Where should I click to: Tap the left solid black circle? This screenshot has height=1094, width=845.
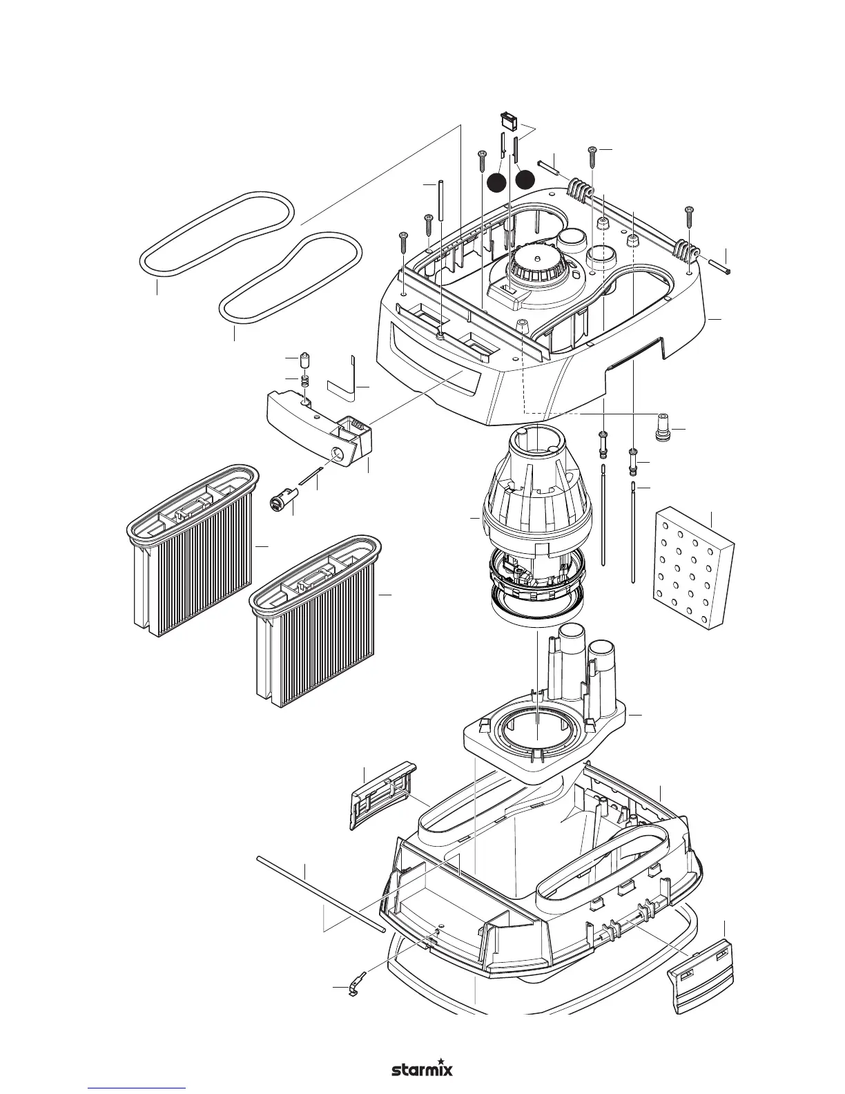pos(496,182)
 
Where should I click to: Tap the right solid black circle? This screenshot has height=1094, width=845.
pos(525,179)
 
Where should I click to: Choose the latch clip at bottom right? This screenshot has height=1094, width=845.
pos(701,974)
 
